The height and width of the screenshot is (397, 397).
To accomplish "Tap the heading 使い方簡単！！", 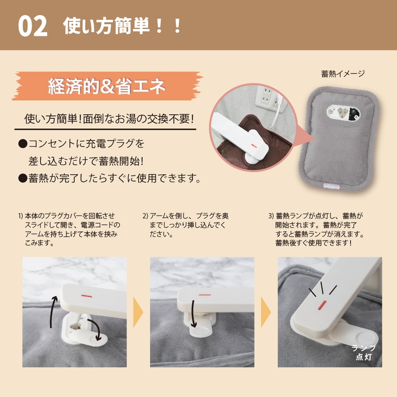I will pos(122,26).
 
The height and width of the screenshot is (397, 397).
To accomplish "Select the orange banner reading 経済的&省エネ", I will pos(107,86).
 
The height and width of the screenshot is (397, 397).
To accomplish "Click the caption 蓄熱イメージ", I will pos(343,73).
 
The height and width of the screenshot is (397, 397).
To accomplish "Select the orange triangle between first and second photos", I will pos(138,312).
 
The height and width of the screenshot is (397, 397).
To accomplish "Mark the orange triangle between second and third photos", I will pos(265,312).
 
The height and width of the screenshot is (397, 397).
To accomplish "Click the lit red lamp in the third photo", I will pos(321,306).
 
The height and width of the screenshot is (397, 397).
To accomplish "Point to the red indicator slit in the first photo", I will pos(87,295).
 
